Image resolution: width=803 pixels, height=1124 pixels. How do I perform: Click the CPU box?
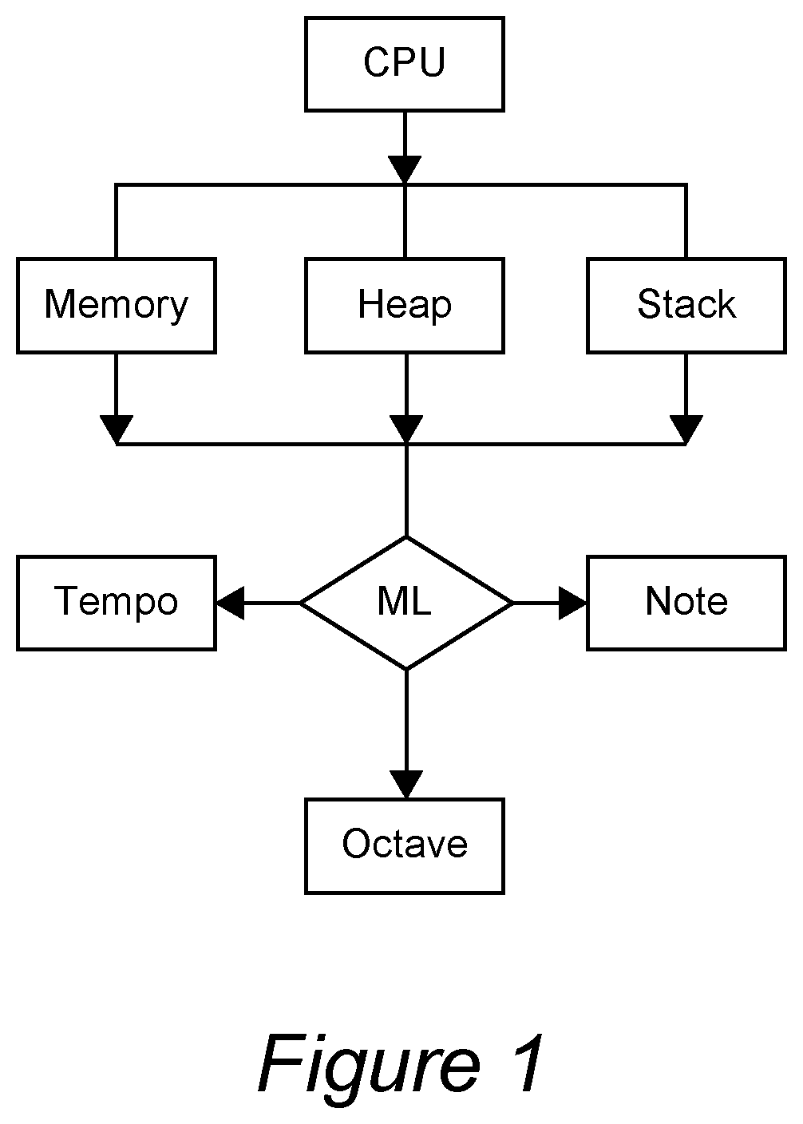405,64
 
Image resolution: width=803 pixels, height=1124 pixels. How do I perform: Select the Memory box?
117,306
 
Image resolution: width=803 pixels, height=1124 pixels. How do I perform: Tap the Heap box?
405,306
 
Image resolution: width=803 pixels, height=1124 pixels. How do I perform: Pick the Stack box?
686,306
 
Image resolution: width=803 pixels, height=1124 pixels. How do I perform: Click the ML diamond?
406,603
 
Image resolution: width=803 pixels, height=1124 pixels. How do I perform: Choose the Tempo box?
117,603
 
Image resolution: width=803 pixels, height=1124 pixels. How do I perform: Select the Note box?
686,603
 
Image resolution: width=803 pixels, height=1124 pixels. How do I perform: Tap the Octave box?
405,846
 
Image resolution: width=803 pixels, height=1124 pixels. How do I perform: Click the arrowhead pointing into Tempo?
231,603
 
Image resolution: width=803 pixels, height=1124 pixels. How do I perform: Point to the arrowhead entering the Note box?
572,603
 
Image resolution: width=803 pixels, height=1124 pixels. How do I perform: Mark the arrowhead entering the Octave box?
406,784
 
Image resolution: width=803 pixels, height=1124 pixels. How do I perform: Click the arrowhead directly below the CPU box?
405,170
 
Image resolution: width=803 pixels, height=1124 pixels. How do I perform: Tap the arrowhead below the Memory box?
117,429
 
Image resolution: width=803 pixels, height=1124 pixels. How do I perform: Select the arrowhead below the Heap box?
406,429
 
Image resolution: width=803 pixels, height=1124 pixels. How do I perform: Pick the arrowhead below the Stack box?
686,429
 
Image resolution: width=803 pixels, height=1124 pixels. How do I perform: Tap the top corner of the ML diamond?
406,537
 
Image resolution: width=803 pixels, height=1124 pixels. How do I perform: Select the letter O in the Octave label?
357,844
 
